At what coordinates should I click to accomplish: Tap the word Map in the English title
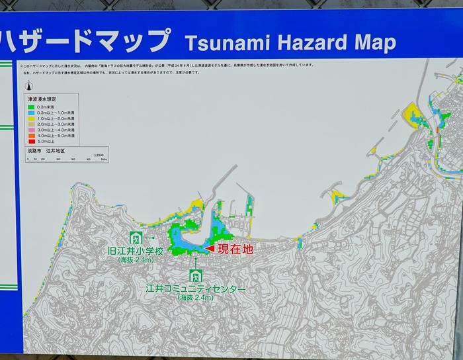point(375,44)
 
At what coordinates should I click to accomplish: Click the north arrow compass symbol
point(29,86)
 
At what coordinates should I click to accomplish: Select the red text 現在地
point(235,249)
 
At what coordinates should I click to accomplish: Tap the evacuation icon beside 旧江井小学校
point(136,238)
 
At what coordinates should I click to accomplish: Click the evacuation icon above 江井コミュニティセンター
point(195,275)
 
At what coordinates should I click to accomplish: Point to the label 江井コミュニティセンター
point(196,290)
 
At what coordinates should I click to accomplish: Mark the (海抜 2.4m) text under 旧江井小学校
point(136,261)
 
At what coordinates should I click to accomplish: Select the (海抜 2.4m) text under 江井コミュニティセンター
point(196,298)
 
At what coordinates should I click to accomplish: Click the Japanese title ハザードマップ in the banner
point(86,41)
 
